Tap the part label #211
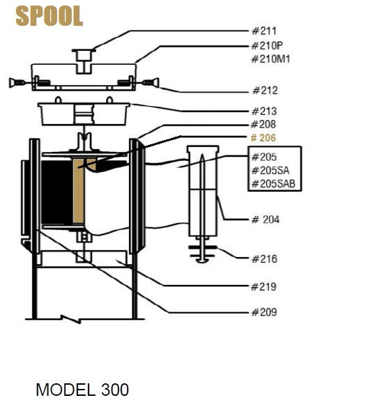pos(264,31)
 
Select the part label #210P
pos(267,47)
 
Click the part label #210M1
pos(270,59)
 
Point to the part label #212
pos(264,91)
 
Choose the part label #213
pos(264,112)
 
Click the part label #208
pos(264,125)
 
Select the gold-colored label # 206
pos(264,138)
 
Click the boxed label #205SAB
pos(273,184)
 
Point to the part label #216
pos(264,259)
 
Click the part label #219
pos(264,286)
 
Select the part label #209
pos(264,312)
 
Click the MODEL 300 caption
pos(82,389)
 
